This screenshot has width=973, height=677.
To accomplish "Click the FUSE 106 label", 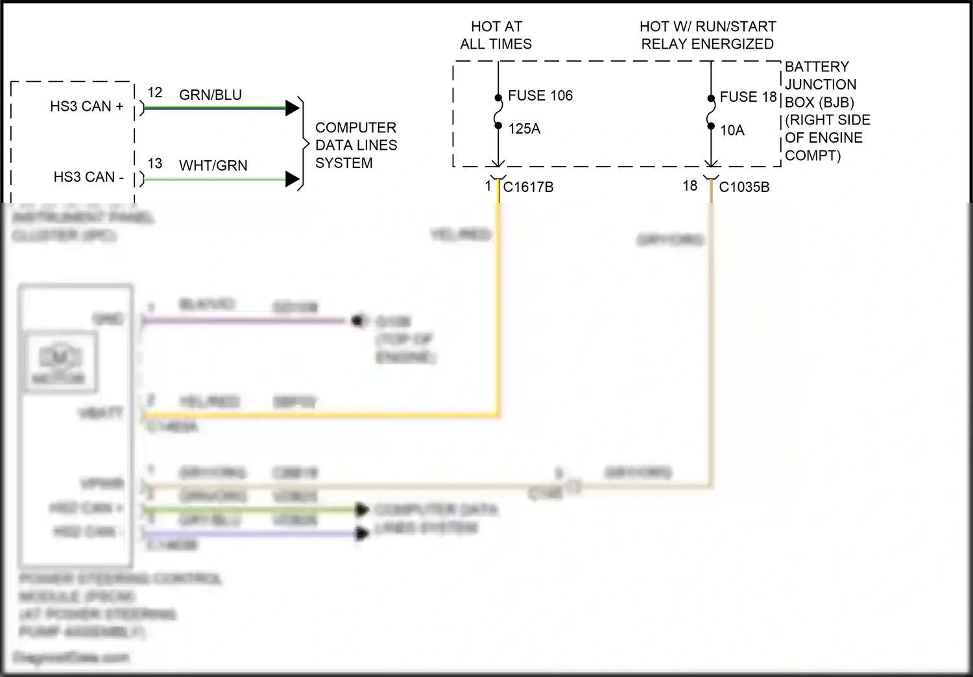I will point(540,96).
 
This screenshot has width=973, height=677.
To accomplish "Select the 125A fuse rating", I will point(524,129).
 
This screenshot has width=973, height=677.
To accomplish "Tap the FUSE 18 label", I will point(748,97).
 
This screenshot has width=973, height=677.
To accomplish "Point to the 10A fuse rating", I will point(732,130).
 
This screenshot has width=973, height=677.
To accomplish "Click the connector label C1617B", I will point(528,187).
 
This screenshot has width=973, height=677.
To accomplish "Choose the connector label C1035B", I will point(744,187).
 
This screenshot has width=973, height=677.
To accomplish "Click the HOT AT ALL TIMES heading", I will point(496,35).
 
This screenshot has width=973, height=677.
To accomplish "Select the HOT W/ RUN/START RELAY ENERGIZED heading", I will point(707,35).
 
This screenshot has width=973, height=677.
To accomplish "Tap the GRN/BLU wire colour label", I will point(210,95).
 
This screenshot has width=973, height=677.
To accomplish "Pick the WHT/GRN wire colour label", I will point(213,166).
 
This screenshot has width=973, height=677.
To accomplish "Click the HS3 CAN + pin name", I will point(86,106).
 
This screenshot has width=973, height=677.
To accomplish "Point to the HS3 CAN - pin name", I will point(88,177).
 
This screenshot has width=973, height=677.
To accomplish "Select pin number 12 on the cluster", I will point(154,93).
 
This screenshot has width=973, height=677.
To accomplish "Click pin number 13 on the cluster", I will point(154,163).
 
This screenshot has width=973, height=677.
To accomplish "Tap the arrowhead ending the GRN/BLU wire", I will point(292,108).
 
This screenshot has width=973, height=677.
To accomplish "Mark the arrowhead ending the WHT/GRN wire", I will point(292,179).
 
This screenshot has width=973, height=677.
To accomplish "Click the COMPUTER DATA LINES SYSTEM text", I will point(355,145).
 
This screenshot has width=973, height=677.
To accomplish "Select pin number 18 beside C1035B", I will point(690,186).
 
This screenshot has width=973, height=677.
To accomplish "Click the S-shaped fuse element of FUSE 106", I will point(498,112).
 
